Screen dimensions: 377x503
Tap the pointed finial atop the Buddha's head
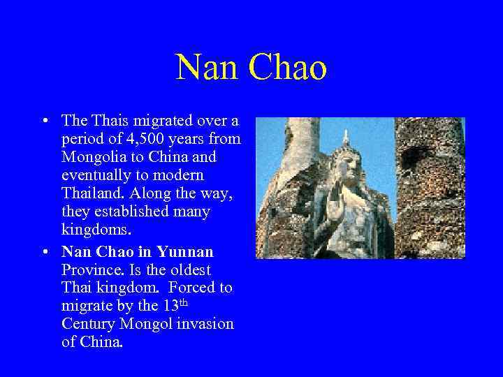(344, 135)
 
